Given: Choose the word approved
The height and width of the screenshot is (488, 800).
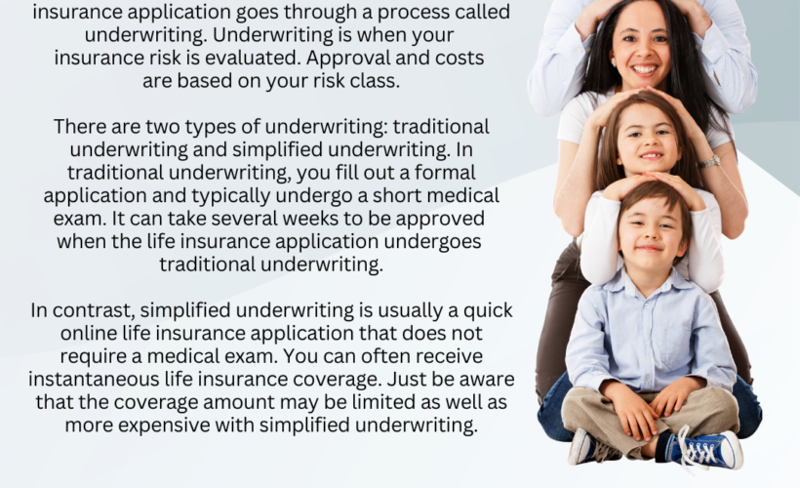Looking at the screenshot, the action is coord(440,219).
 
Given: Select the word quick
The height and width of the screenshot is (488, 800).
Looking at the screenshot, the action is coord(488,310).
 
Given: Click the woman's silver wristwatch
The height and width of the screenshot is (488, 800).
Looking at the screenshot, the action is coord(709,162).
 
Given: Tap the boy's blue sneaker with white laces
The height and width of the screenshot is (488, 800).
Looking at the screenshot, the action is coord(705,450).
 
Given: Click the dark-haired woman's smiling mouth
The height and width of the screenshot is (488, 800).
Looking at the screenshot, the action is coord(644,68).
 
